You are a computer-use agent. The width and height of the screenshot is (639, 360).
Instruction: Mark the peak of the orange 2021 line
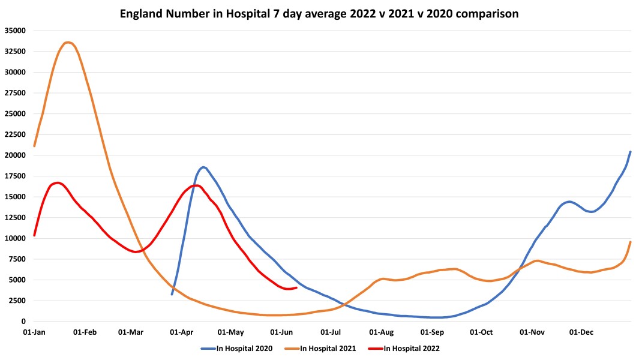coord(68,42)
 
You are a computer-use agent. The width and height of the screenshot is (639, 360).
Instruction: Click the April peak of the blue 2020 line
coord(203,167)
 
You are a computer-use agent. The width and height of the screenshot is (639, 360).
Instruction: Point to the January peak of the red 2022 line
coord(57,182)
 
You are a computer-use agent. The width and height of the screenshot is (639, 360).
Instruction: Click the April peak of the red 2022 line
coord(196,185)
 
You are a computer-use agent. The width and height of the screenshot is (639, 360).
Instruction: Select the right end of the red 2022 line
coord(297,287)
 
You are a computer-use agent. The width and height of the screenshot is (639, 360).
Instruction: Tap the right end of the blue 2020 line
coord(631,151)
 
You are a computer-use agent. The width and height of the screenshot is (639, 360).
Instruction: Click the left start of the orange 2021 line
coord(34,146)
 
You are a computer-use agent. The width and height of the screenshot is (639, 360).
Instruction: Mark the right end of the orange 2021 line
coord(631,242)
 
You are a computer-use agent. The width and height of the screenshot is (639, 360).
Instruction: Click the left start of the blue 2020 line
coord(172,294)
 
